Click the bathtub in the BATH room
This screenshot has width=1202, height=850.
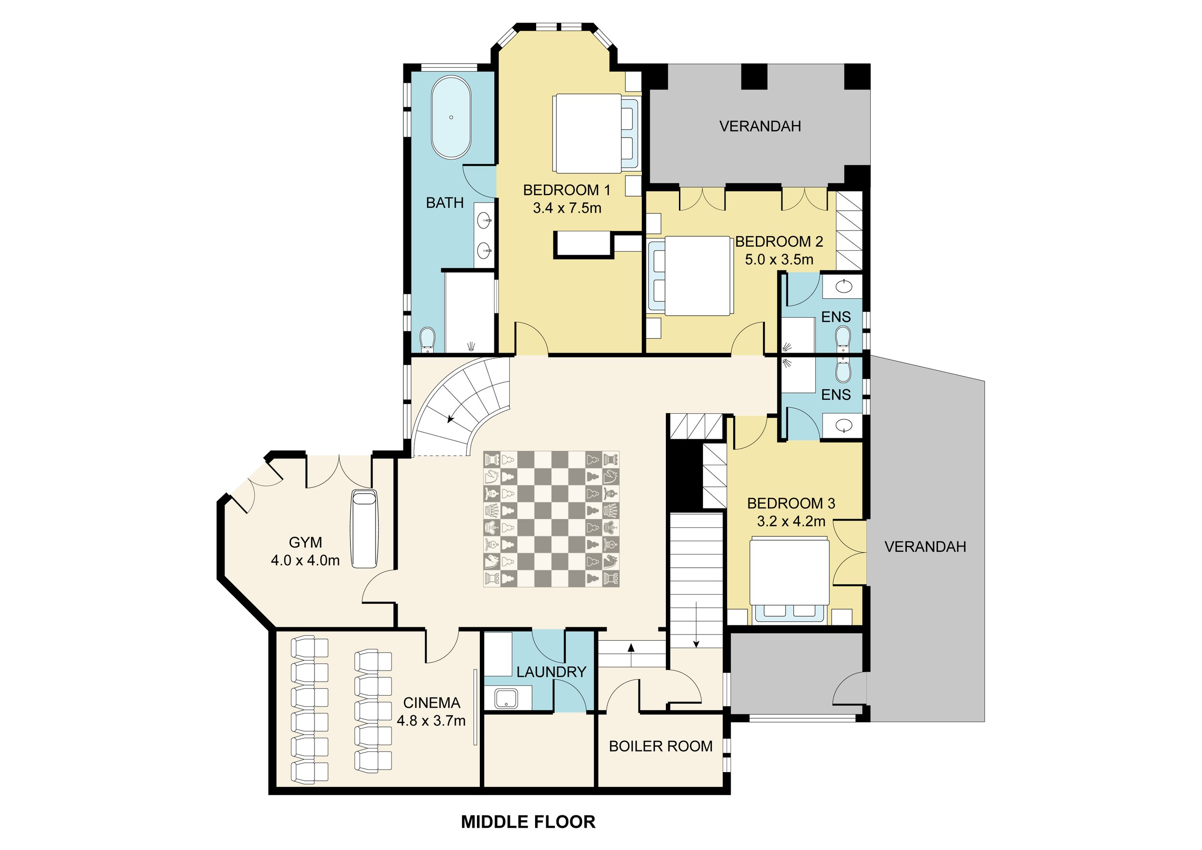451,118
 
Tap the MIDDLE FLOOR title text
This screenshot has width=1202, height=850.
528,822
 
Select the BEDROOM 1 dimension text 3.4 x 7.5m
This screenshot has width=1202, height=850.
567,208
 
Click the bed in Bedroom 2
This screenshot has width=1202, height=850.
696,276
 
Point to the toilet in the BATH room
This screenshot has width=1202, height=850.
428,339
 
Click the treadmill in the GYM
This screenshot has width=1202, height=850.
364,529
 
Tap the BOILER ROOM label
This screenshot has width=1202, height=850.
661,746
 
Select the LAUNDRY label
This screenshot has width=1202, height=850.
551,672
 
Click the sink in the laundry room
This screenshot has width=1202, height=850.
506,698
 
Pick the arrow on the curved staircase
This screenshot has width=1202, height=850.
450,419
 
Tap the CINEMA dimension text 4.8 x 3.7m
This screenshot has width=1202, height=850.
431,721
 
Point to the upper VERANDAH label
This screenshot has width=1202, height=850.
760,126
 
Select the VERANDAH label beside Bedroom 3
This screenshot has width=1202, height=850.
925,547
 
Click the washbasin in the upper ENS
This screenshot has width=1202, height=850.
844,287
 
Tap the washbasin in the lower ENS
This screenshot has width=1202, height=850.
844,426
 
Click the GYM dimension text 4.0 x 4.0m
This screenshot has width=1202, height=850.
305,560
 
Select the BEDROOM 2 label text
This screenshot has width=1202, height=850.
779,241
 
